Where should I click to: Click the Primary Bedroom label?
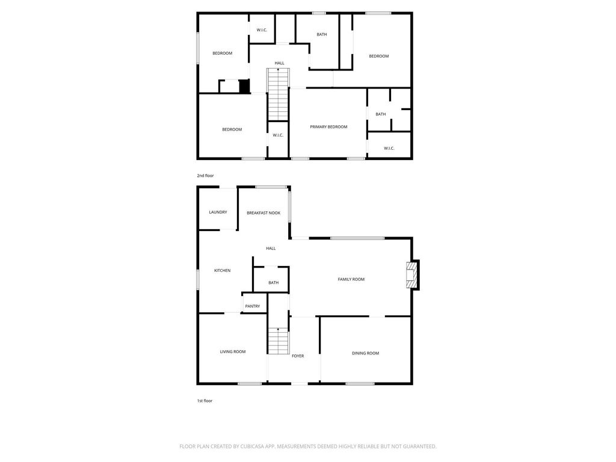tap(328, 127)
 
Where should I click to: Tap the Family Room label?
tap(351, 279)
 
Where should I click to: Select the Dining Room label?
tap(365, 353)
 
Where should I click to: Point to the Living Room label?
tap(233, 351)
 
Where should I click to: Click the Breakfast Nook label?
tap(263, 213)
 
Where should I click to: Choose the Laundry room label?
tap(218, 212)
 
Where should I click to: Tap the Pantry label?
tap(252, 306)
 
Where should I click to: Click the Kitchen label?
tap(222, 270)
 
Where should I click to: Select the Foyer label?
tap(297, 356)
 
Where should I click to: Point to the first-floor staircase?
tap(278, 340)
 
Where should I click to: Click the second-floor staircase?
tap(278, 94)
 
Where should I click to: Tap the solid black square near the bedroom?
tap(244, 86)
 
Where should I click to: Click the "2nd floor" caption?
tap(205, 176)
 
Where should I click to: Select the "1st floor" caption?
tap(205, 401)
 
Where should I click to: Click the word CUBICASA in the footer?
tap(253, 446)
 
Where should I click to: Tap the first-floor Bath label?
tap(273, 283)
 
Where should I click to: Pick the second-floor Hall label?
tap(279, 63)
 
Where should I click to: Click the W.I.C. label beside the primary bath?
tap(389, 148)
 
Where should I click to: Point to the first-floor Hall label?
tap(271, 248)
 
